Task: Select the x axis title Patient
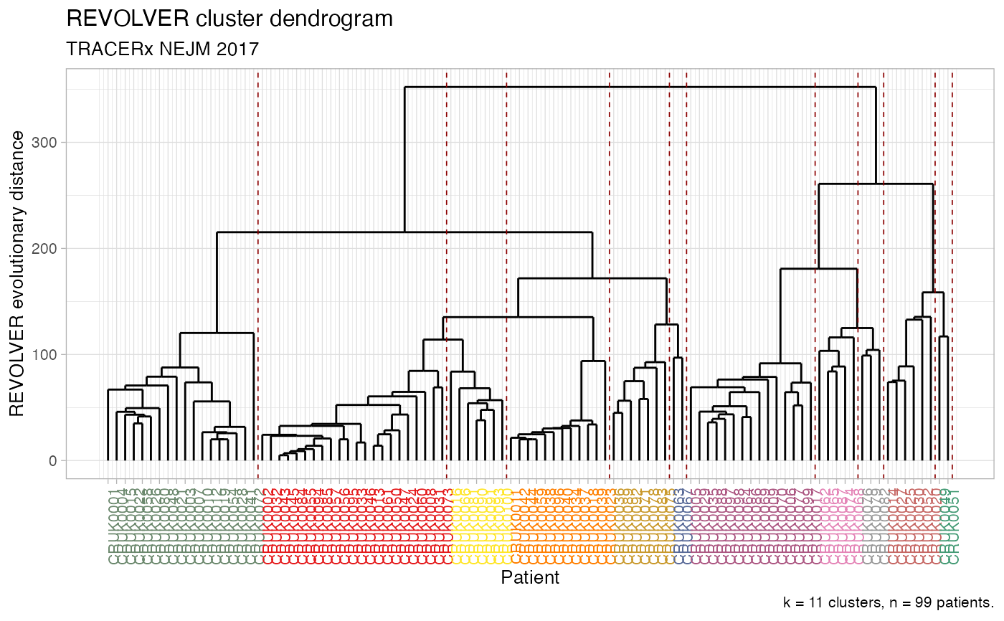click(530, 577)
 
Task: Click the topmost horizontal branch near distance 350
click(640, 87)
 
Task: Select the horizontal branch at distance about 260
click(875, 184)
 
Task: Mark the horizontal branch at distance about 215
click(404, 232)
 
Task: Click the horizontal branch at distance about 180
click(818, 269)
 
